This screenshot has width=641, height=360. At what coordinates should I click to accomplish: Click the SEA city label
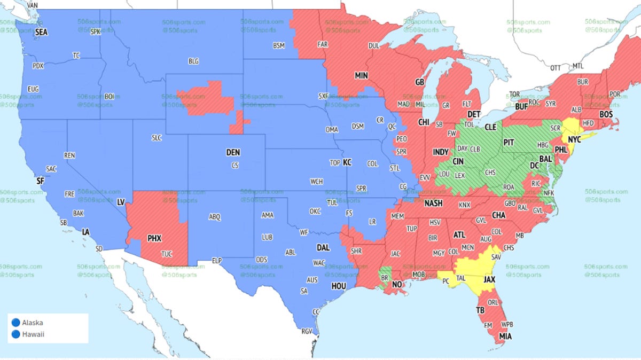pyautogui.click(x=41, y=32)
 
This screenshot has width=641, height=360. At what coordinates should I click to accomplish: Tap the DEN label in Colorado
pyautogui.click(x=233, y=152)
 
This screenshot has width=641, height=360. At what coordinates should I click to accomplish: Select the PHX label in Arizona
pyautogui.click(x=154, y=238)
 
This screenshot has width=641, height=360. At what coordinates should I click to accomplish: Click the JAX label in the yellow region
pyautogui.click(x=489, y=279)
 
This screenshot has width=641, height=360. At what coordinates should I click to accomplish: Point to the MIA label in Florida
pyautogui.click(x=505, y=336)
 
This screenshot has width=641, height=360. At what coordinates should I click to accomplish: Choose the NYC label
pyautogui.click(x=574, y=139)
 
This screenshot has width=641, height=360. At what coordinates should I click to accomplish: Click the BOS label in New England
pyautogui.click(x=606, y=114)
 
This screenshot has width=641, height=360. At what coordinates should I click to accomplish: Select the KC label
pyautogui.click(x=347, y=161)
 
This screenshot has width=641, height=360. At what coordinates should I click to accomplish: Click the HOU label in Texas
pyautogui.click(x=339, y=286)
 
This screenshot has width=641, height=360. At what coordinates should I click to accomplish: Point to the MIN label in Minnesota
pyautogui.click(x=361, y=76)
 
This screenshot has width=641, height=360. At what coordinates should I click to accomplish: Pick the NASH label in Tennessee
pyautogui.click(x=433, y=204)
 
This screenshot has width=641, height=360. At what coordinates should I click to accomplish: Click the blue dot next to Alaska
pyautogui.click(x=15, y=323)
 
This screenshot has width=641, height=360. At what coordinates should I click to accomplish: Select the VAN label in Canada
pyautogui.click(x=32, y=5)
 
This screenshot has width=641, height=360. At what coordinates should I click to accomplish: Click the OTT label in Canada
pyautogui.click(x=556, y=68)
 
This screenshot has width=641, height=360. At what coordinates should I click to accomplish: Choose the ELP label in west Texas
pyautogui.click(x=216, y=261)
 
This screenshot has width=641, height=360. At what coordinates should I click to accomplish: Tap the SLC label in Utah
pyautogui.click(x=157, y=138)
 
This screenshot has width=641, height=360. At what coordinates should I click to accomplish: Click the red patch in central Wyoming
pyautogui.click(x=206, y=99)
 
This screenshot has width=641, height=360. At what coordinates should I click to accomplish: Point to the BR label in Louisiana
pyautogui.click(x=384, y=278)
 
